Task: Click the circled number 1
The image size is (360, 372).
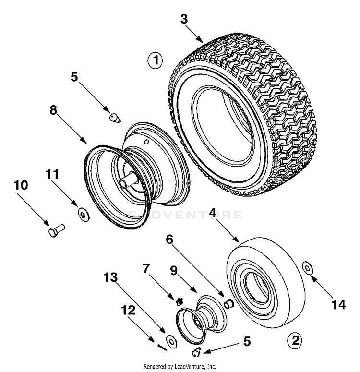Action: (155, 61)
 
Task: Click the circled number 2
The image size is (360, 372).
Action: (295, 340)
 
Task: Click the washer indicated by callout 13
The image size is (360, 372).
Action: (170, 340)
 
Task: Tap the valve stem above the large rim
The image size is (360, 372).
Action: (114, 118)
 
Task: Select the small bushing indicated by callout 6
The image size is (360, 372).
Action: (229, 303)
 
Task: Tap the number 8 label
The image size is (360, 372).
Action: (53, 110)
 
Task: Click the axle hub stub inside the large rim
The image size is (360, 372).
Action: (129, 181)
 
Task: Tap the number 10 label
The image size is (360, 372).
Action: (22, 185)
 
